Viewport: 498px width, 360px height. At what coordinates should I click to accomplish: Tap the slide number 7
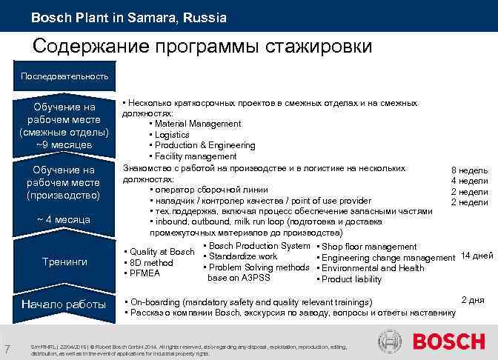(7, 349)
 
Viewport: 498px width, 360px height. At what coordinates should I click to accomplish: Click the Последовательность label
(64, 76)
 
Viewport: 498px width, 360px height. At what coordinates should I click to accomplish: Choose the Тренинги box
(64, 261)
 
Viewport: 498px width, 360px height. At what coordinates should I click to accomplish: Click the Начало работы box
(64, 304)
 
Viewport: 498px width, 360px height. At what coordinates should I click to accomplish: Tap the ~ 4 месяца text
(64, 219)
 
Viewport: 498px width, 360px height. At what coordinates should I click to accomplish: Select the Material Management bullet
(197, 124)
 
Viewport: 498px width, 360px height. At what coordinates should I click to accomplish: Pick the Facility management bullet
(195, 156)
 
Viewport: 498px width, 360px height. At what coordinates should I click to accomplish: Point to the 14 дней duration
(477, 256)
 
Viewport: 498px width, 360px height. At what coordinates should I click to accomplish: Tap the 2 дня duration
(473, 299)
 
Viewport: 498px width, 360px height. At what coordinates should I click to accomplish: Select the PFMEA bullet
(146, 273)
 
